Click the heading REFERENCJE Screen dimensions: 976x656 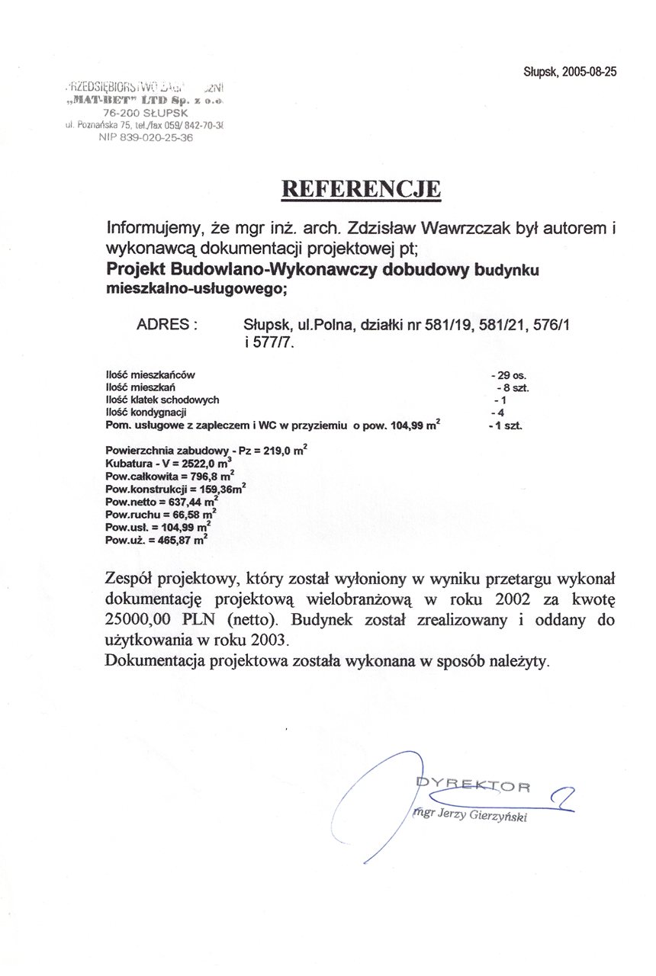click(x=362, y=189)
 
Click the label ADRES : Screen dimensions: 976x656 click(x=166, y=324)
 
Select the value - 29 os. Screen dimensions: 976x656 click(x=510, y=375)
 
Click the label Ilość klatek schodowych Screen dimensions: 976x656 click(x=162, y=400)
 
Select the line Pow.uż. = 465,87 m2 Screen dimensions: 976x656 click(x=157, y=540)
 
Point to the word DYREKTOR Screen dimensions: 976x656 click(x=473, y=785)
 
